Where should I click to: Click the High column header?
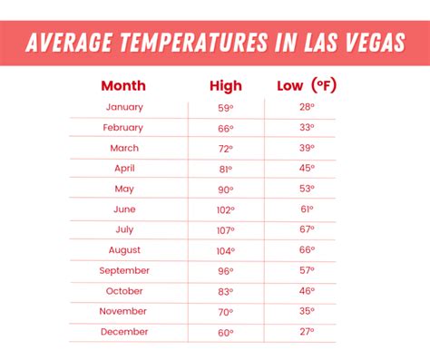(x=225, y=86)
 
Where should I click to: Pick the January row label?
(x=124, y=107)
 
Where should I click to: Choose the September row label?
(x=124, y=270)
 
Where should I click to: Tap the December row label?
(x=124, y=332)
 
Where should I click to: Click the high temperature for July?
(x=225, y=229)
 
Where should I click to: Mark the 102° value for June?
(x=225, y=209)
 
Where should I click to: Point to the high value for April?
(x=225, y=169)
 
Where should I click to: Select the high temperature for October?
(x=225, y=291)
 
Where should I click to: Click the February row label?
(x=124, y=128)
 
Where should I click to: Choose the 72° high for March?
(x=225, y=148)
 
